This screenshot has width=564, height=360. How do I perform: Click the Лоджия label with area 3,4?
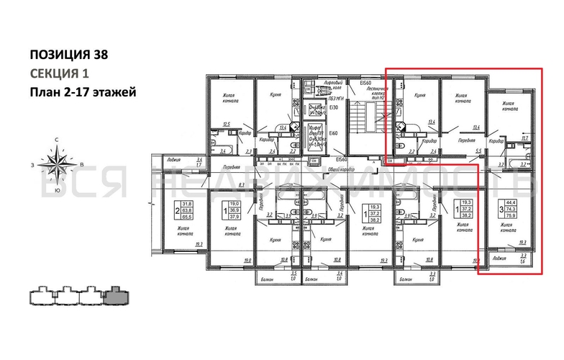[172, 159]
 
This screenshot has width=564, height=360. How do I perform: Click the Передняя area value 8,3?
[240, 186]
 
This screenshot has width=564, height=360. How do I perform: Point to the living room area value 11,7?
[524, 138]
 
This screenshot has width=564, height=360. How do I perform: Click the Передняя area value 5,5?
[478, 150]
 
